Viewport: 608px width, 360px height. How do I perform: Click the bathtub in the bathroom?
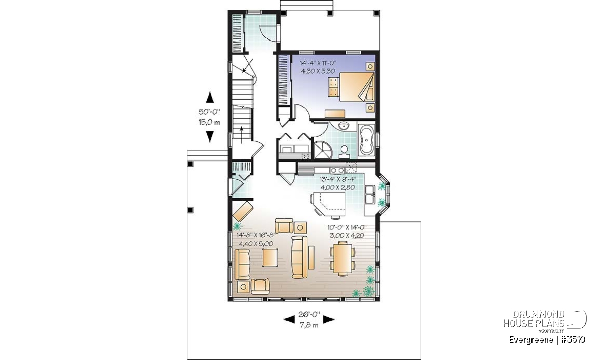pyautogui.click(x=366, y=140)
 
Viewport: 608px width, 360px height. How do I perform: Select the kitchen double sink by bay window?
pyautogui.click(x=370, y=194)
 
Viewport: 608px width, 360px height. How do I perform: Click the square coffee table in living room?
pyautogui.click(x=270, y=257)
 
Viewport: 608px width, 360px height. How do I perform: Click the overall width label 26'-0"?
pyautogui.click(x=309, y=315)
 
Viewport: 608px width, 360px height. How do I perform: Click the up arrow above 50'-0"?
pyautogui.click(x=210, y=97)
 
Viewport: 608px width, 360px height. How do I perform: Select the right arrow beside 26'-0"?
pyautogui.click(x=329, y=319)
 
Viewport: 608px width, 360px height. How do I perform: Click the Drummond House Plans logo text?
pyautogui.click(x=534, y=319)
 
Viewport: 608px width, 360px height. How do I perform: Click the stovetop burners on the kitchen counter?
pyautogui.click(x=337, y=170)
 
